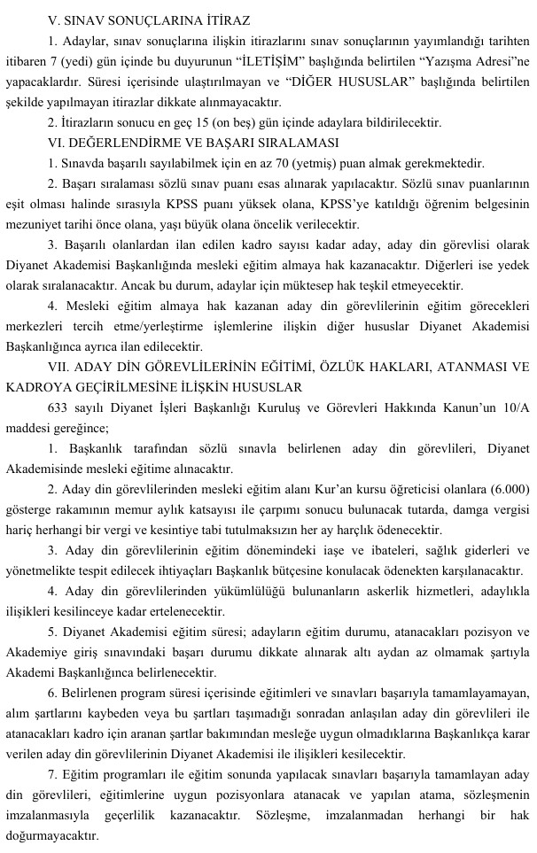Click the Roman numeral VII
pos(61,366)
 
